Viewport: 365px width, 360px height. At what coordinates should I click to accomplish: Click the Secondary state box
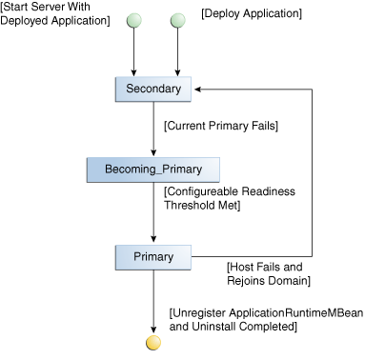(x=153, y=89)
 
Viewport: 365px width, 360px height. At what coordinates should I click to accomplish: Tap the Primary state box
(x=153, y=256)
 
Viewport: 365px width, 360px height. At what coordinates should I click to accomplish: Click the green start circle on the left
(x=134, y=20)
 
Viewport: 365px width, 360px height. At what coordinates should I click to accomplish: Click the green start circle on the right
(x=175, y=20)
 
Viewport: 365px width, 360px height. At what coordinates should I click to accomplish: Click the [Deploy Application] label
(x=252, y=13)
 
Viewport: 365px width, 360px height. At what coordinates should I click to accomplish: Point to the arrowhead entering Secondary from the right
(x=196, y=89)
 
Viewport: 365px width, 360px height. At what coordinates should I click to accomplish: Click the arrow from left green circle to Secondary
(x=134, y=52)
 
